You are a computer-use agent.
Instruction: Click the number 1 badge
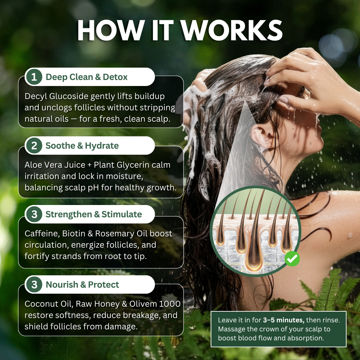pos(34,77)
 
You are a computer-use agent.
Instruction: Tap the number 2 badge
pos(34,146)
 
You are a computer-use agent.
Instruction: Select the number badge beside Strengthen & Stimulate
pos(34,214)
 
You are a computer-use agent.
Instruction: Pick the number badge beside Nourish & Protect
pos(34,285)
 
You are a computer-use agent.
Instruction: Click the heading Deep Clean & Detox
pos(87,77)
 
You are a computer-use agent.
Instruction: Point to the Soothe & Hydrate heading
pos(82,146)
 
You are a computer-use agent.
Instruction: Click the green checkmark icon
pos(292,259)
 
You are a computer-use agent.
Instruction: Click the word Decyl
pos(35,97)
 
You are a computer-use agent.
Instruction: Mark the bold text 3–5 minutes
pos(283,320)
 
